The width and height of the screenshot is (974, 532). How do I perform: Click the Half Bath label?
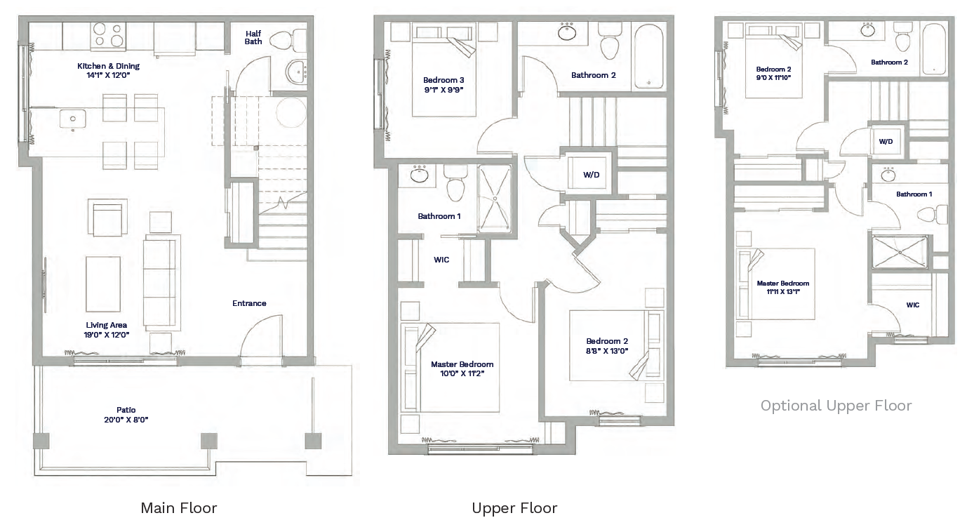pos(253,37)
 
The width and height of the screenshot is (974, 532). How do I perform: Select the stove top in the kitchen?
pos(109,35)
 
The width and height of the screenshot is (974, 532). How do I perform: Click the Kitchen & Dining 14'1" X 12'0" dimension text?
pos(108,75)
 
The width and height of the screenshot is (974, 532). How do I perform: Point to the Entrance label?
pos(249,303)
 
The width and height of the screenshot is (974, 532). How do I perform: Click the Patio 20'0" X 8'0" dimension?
pos(126,420)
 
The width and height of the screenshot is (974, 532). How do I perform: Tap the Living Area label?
pos(107,325)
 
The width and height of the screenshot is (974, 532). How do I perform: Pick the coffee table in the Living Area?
pos(103,284)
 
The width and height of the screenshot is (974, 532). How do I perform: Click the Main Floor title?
pos(179,507)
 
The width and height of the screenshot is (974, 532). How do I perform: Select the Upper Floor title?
pos(514,507)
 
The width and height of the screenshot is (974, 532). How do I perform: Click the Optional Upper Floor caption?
pos(836,406)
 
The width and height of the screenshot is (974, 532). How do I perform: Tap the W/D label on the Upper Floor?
pos(592,175)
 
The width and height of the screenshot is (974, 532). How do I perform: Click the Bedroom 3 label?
pos(443,80)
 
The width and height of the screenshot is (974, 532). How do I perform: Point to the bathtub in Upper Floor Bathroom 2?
pos(648,57)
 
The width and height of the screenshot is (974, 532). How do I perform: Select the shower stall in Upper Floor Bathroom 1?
pos(495,199)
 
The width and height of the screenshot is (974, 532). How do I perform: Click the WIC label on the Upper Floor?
pos(441,260)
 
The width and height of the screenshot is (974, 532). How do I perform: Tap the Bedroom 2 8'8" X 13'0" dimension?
pos(607,351)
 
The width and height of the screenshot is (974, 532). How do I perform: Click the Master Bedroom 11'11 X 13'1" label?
pos(783,288)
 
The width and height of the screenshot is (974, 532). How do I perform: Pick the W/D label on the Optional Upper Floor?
pos(886,141)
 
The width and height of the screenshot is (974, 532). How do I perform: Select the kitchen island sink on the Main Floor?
pos(72,119)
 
